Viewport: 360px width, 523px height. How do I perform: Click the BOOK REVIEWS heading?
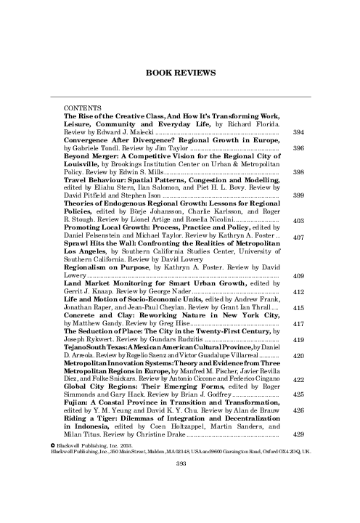179,73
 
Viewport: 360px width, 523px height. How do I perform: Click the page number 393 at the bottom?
179,461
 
